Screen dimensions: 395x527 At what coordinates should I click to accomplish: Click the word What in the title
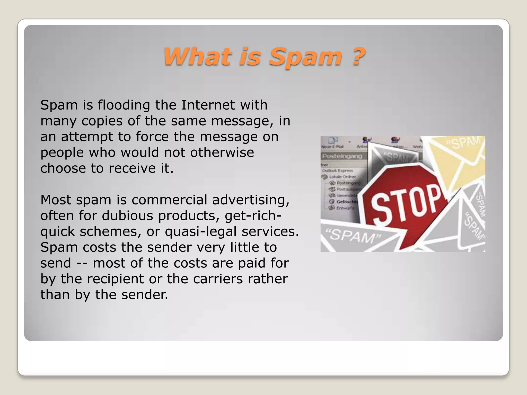click(x=198, y=56)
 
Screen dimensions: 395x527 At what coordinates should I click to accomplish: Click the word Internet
click(x=208, y=105)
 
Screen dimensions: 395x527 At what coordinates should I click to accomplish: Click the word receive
click(x=132, y=168)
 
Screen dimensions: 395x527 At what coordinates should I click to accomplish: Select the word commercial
click(x=169, y=200)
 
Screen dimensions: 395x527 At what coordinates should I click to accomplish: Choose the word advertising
click(x=251, y=200)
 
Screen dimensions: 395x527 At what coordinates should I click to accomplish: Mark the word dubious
click(x=127, y=216)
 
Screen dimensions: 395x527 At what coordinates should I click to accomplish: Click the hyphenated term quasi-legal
click(x=200, y=231)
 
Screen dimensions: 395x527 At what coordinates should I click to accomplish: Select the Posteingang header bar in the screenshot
click(x=342, y=156)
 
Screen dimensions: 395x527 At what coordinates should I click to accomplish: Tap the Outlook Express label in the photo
click(x=338, y=170)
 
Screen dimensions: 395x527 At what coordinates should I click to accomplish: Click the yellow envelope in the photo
click(x=461, y=159)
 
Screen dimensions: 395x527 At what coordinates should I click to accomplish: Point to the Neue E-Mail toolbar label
click(x=332, y=147)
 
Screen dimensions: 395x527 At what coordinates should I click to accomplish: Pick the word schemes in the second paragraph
click(x=110, y=231)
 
